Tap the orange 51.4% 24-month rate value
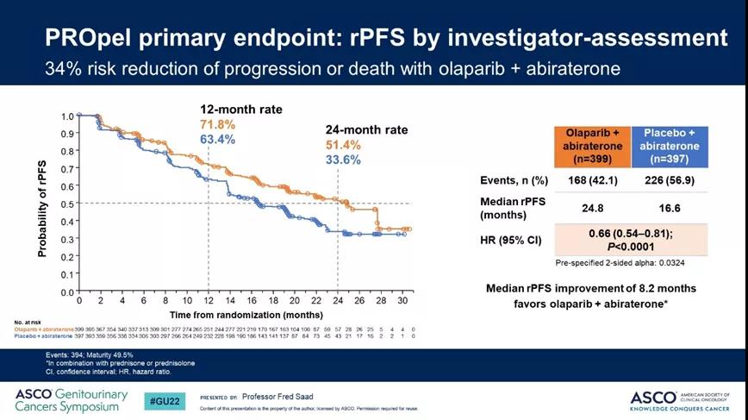click(343, 145)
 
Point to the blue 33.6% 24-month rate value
click(343, 160)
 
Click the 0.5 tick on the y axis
click(67, 204)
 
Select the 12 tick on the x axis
click(208, 300)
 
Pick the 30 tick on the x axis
click(402, 300)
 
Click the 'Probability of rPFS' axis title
click(43, 204)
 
